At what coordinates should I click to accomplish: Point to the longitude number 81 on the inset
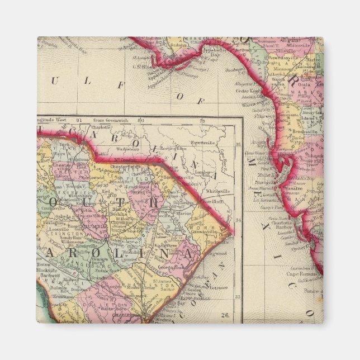(79, 120)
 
